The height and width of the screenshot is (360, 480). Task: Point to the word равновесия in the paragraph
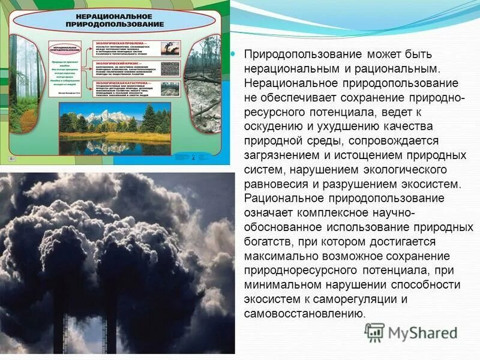pyautogui.click(x=274, y=184)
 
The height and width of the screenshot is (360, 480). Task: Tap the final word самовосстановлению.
pyautogui.click(x=305, y=314)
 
